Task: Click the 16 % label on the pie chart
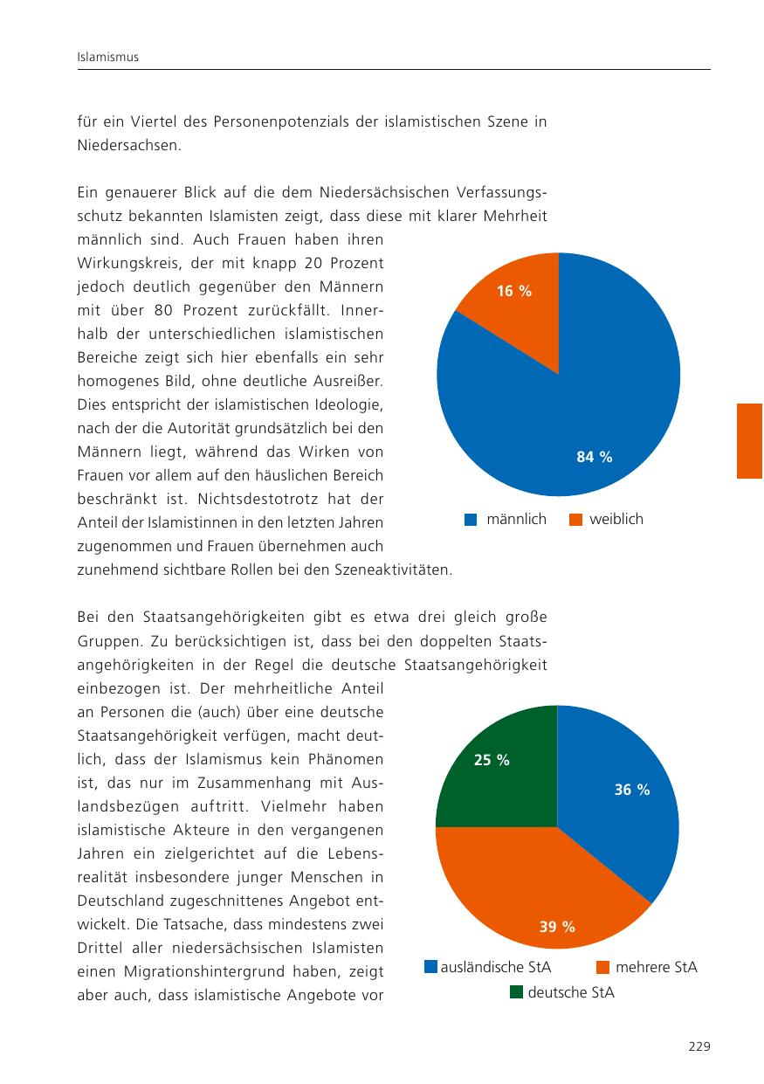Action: coord(514,291)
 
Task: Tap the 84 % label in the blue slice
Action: coord(594,456)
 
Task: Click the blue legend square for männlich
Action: coord(471,519)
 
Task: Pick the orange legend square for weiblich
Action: coord(575,519)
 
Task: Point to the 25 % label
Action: coord(492,760)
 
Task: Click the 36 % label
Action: coord(632,790)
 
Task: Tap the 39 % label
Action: coord(557,926)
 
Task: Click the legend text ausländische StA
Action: coord(495,967)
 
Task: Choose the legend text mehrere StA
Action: coord(656,967)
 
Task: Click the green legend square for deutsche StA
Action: coord(516,992)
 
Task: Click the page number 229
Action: coord(699,1046)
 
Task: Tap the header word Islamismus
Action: coord(108,57)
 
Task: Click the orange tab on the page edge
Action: coord(749,441)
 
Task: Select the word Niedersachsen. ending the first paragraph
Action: coord(129,145)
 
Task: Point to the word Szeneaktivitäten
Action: coord(394,570)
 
